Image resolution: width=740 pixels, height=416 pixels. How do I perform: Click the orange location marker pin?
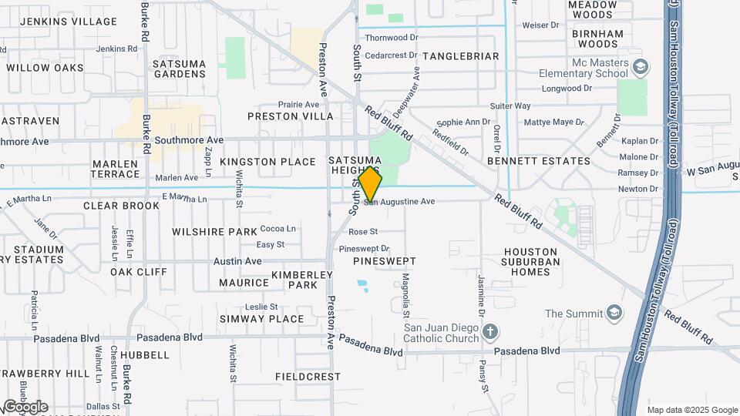(370, 184)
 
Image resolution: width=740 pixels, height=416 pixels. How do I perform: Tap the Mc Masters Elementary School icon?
(640, 68)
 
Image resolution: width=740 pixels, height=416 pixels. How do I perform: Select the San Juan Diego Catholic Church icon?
(490, 332)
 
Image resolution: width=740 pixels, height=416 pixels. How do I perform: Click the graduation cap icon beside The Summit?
(614, 313)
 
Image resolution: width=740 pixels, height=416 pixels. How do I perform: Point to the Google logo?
(25, 406)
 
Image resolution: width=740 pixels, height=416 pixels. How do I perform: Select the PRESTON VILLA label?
(291, 116)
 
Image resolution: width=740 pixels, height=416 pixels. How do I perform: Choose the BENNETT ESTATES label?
(538, 161)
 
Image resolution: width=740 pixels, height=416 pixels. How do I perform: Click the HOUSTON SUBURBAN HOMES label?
(531, 262)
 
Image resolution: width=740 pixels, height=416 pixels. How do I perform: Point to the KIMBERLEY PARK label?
(301, 280)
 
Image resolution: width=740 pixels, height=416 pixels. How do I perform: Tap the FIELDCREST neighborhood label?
(308, 377)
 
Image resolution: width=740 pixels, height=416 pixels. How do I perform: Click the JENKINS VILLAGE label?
(58, 21)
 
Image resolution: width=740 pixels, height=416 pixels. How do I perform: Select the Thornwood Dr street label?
(392, 37)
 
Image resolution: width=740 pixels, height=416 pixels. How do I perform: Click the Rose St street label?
(363, 231)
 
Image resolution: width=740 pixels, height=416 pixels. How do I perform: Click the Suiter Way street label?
(510, 106)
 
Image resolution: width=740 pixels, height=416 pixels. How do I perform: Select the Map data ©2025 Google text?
(691, 410)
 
